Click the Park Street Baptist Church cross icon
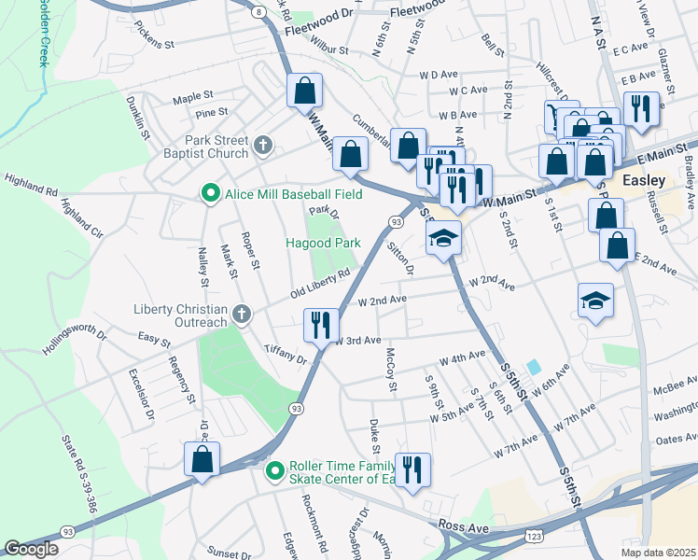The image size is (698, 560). tap(263, 147)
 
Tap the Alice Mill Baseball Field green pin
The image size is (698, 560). tap(211, 194)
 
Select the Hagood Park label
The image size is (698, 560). tap(323, 243)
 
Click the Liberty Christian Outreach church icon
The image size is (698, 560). tap(242, 314)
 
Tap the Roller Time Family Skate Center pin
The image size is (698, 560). tap(274, 469)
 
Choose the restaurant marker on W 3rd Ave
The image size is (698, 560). tap(321, 326)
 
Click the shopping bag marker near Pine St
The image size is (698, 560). tap(304, 91)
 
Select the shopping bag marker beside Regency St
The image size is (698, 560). tap(202, 459)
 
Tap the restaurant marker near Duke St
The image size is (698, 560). tap(412, 469)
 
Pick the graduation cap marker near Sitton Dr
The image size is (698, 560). tap(444, 238)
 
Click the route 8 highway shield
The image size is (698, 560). tap(258, 10)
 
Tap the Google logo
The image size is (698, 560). tap(32, 548)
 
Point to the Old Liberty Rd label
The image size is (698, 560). tap(319, 279)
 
